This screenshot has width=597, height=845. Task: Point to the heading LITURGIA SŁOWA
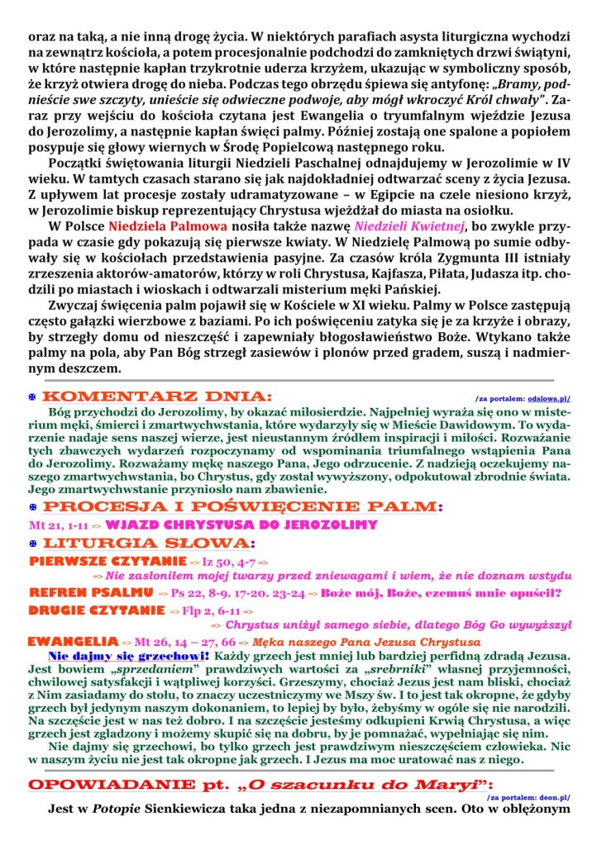point(148,543)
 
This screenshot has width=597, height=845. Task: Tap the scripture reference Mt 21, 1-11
point(59,525)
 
